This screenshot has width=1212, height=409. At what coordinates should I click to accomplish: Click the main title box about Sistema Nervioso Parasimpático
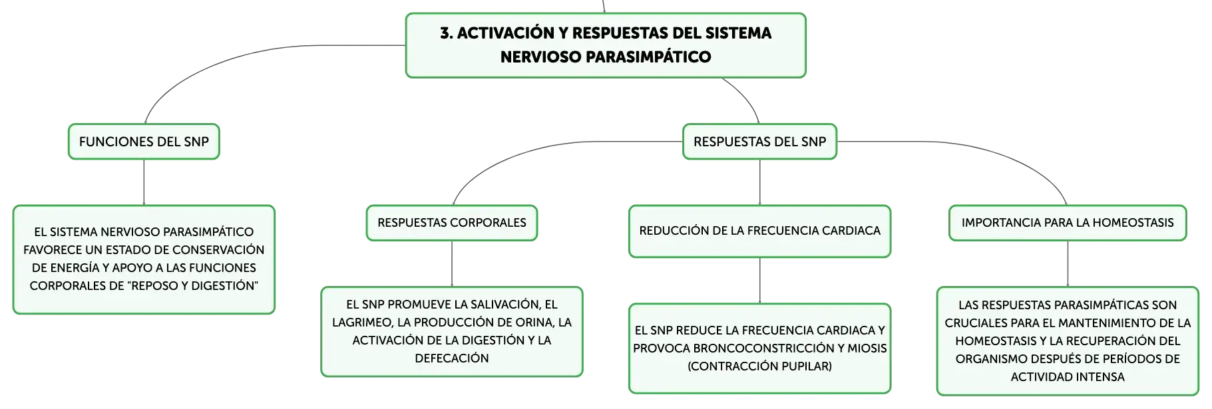tap(606, 45)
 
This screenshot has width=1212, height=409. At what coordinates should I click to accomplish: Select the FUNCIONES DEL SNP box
tap(144, 142)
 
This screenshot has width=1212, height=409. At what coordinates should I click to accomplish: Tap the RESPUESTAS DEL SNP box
tap(759, 142)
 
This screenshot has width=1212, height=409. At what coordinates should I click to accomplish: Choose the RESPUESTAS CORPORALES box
tap(452, 223)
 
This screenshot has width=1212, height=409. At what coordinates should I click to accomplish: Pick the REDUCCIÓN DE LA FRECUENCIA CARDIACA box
tap(759, 231)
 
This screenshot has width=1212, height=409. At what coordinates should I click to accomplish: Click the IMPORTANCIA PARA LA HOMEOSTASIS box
tap(1068, 223)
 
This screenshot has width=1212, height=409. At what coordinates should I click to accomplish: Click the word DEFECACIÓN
tap(452, 358)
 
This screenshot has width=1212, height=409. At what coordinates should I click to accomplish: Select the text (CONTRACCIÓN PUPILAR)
tap(759, 366)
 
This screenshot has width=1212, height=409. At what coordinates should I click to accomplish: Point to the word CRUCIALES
tap(974, 323)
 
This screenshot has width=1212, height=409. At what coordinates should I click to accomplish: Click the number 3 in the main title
tap(445, 33)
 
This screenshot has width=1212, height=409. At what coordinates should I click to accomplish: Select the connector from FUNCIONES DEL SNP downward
tap(144, 182)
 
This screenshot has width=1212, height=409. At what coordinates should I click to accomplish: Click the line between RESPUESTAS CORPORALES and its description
tap(452, 264)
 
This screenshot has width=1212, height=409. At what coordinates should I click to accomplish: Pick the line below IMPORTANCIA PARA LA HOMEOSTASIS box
tap(1068, 264)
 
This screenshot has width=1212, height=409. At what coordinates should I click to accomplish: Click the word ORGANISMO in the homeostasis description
tap(988, 359)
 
